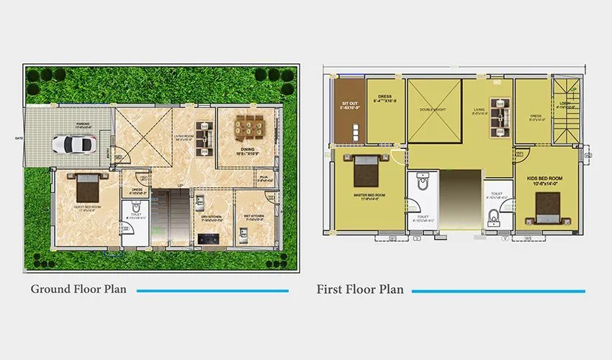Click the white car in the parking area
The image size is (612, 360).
point(72,145)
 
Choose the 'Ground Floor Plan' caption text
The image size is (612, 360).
point(78,289)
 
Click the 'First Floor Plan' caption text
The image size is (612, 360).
point(360,289)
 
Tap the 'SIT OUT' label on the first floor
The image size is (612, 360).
point(349,106)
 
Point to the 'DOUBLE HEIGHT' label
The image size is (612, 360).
point(434,111)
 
